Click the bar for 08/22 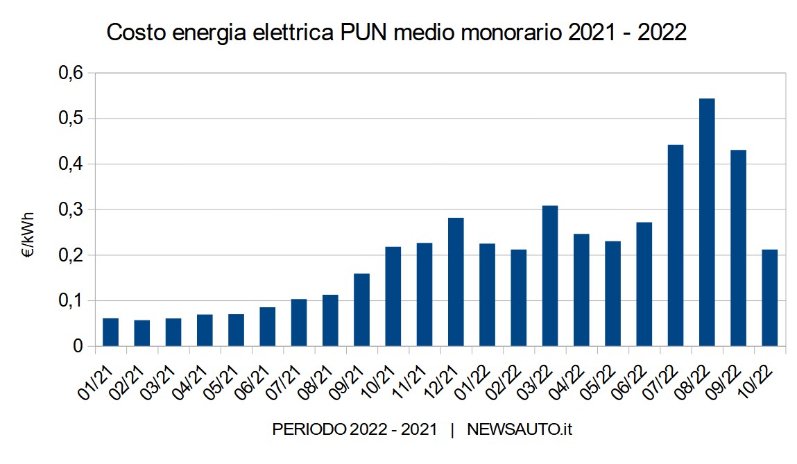707,222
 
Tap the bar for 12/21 456,282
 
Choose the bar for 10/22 769,298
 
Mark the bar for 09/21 361,309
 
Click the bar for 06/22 644,284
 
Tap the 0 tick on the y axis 78,346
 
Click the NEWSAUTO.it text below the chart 520,430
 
